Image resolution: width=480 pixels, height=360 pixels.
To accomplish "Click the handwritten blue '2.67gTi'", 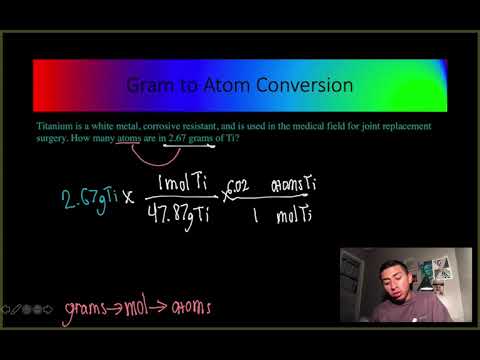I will pos(82,194).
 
